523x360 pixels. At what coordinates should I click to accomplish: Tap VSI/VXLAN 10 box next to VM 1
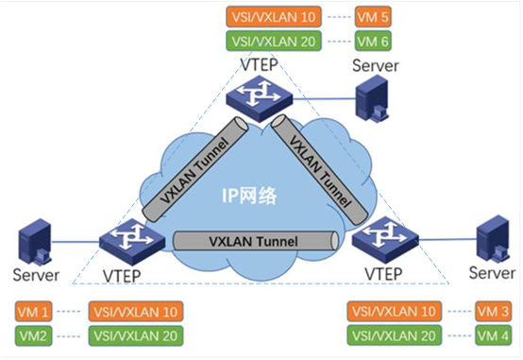[134, 311]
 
